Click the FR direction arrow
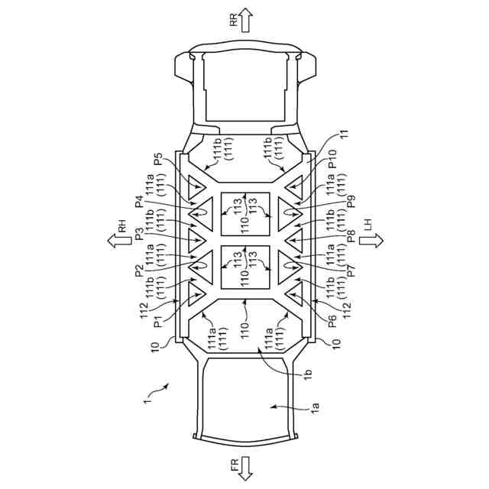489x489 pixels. point(245,469)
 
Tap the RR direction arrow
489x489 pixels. point(245,19)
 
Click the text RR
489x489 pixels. point(234,21)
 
